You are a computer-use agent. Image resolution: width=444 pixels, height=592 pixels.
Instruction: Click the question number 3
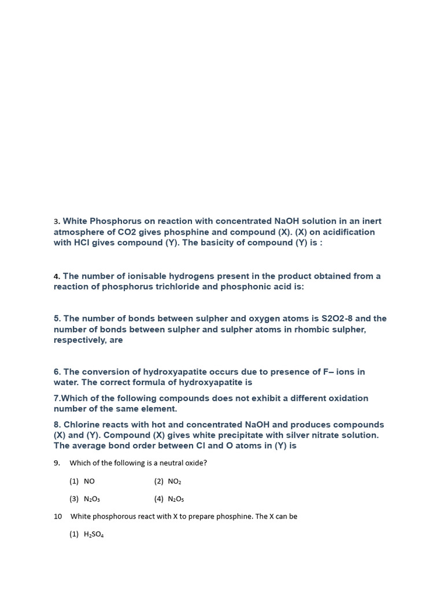[56, 221]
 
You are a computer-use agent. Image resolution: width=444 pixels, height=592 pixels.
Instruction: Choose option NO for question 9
[89, 481]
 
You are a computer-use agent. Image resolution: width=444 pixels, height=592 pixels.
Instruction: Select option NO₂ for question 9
[175, 481]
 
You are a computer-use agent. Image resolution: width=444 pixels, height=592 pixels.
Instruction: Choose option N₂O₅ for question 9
[176, 499]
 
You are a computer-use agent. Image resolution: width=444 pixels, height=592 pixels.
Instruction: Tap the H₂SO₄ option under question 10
[94, 534]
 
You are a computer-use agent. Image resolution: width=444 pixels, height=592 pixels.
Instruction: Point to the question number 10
[58, 516]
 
